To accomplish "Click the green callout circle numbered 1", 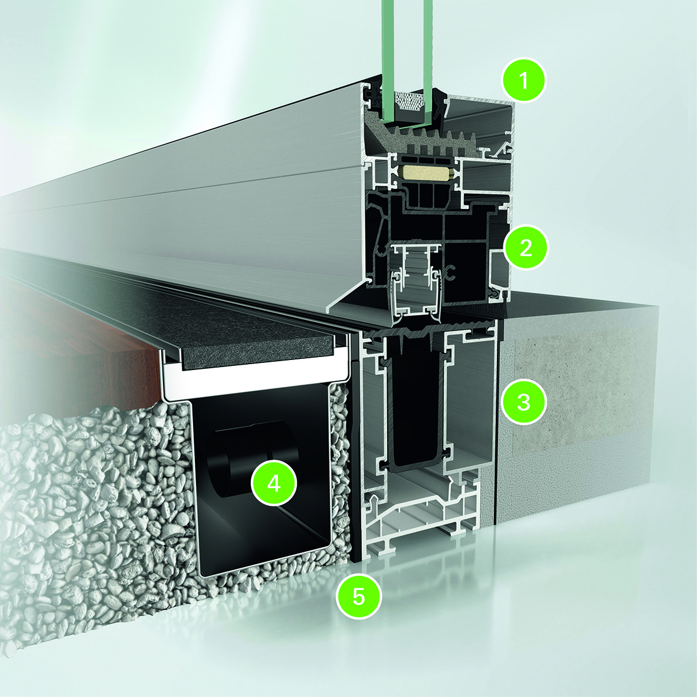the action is click(x=523, y=80).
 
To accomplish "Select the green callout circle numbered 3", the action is click(x=523, y=402).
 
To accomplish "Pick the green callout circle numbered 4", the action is click(x=274, y=483).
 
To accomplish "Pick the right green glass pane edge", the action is click(x=427, y=62).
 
